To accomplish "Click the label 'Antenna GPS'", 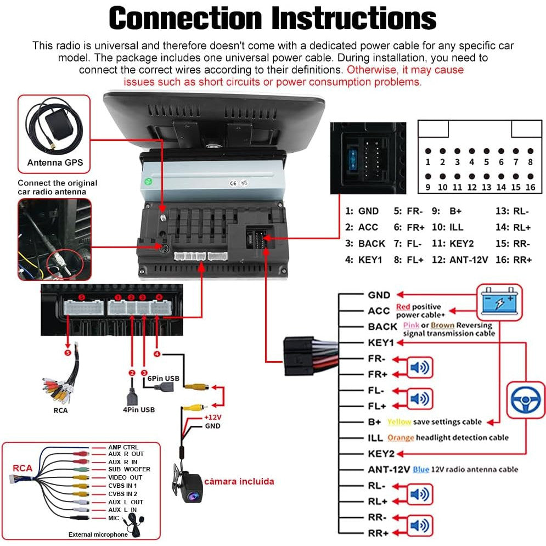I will (55, 162).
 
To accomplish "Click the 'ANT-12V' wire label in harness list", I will (389, 469).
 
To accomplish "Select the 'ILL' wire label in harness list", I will (375, 437).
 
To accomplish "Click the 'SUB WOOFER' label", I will (129, 469).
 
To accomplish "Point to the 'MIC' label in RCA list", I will (114, 518).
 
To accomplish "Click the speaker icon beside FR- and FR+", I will (419, 367).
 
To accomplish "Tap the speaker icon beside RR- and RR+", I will (419, 525).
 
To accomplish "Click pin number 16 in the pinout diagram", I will (530, 187).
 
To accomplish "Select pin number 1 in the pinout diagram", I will (428, 162).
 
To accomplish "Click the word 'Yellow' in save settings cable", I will (399, 422).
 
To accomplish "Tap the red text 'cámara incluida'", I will (239, 481).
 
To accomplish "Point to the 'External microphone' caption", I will (98, 534).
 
